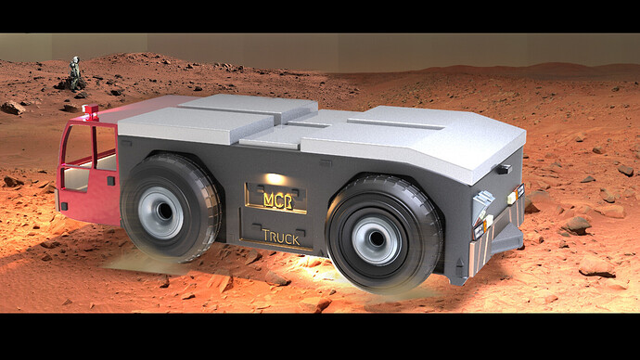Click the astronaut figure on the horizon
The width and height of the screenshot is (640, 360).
coord(75,66)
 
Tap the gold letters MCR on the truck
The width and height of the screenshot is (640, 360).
coord(275,199)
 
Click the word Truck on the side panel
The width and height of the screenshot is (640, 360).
coord(280,238)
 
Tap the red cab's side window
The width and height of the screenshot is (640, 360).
coord(80,146)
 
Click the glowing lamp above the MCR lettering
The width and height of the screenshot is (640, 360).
coord(275,179)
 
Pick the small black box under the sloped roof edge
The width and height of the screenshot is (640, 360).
coord(504,169)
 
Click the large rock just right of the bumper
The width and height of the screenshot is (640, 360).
coord(576,224)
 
